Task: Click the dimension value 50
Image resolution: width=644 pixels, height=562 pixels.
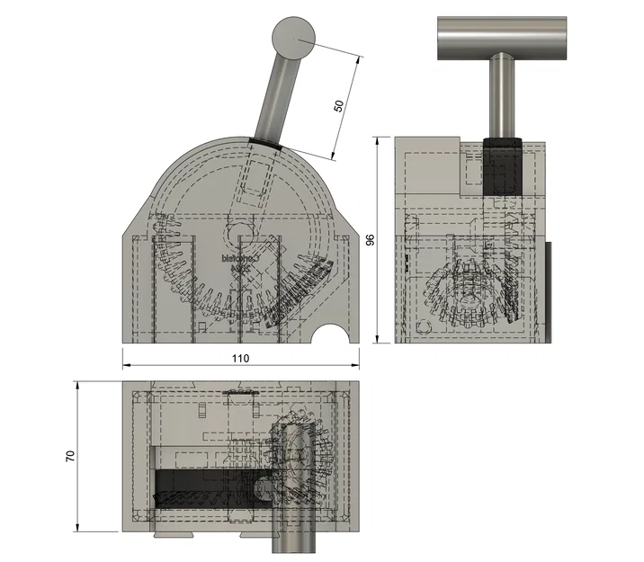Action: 339,105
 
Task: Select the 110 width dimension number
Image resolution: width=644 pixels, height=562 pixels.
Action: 240,357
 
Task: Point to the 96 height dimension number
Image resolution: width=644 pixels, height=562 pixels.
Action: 369,240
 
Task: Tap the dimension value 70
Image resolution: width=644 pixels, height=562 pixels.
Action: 70,456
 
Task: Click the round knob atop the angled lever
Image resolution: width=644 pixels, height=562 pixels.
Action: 294,38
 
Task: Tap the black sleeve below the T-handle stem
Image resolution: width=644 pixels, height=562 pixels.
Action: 502,166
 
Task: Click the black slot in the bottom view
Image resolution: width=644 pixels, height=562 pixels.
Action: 207,486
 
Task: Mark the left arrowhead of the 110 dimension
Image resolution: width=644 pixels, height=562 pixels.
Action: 127,365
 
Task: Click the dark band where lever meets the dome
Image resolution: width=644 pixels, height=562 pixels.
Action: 266,141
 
